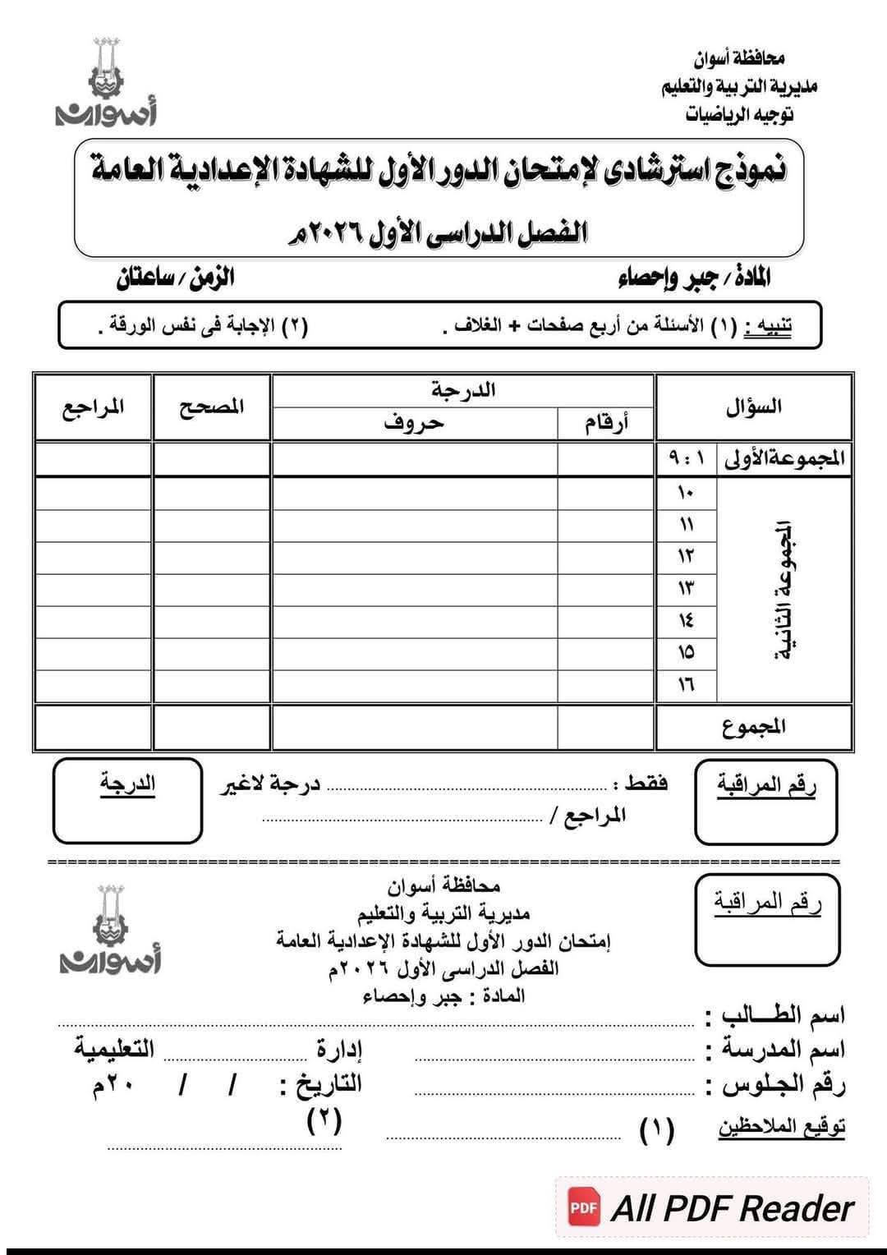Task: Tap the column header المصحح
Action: pyautogui.click(x=212, y=407)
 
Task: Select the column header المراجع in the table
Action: pyautogui.click(x=93, y=407)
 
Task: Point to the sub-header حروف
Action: pyautogui.click(x=414, y=424)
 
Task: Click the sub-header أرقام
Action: pyautogui.click(x=606, y=424)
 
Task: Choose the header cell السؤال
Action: pyautogui.click(x=753, y=407)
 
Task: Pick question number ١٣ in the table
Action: pyautogui.click(x=686, y=589)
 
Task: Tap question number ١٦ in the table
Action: pyautogui.click(x=686, y=684)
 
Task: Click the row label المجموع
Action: pyautogui.click(x=754, y=726)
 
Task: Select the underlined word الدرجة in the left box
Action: pyautogui.click(x=127, y=784)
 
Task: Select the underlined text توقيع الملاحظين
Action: pyautogui.click(x=782, y=1127)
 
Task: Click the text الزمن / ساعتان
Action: pyautogui.click(x=175, y=278)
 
